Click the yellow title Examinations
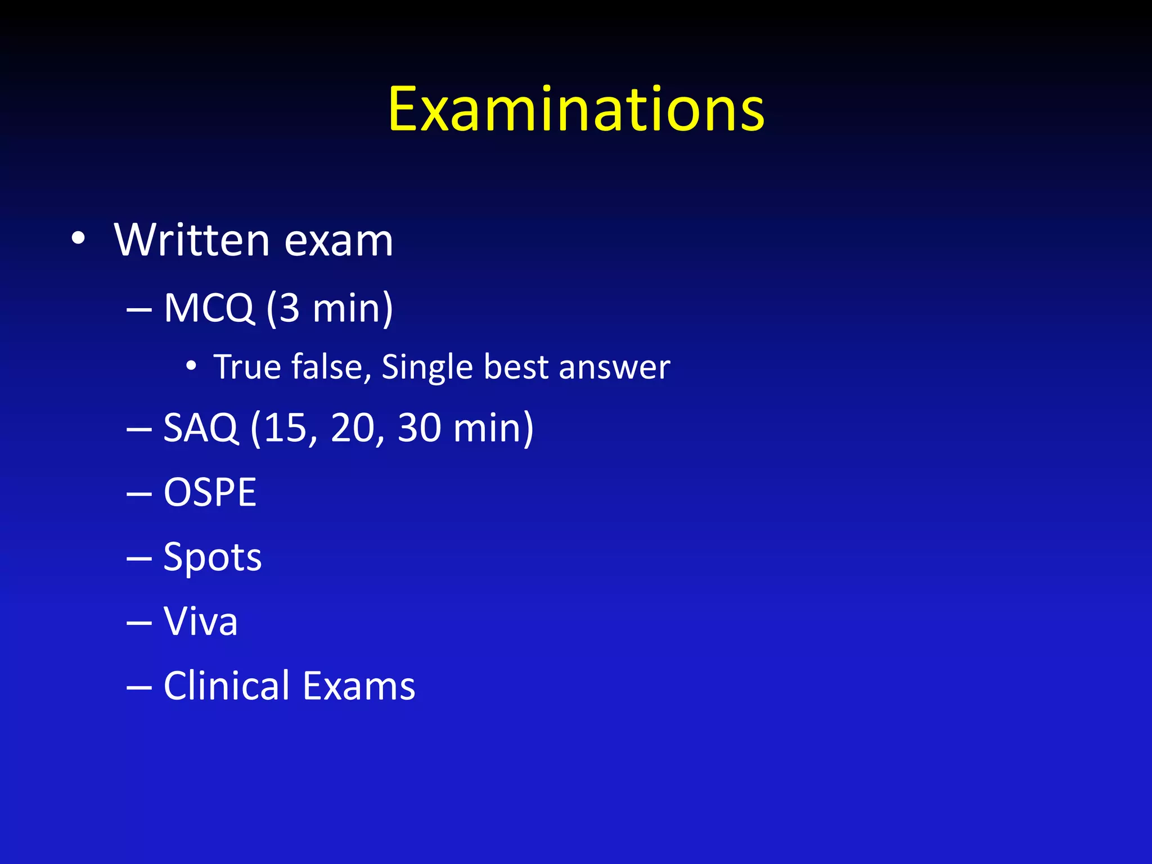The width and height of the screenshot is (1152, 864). pyautogui.click(x=576, y=110)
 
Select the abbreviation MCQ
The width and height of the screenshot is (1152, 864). pyautogui.click(x=209, y=308)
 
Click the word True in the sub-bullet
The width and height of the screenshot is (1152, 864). pyautogui.click(x=247, y=367)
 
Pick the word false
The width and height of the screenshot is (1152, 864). pyautogui.click(x=331, y=367)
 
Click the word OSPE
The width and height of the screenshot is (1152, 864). pyautogui.click(x=210, y=493)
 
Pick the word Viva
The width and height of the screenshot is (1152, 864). pyautogui.click(x=200, y=622)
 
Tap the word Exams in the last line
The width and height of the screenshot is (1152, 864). pyautogui.click(x=359, y=686)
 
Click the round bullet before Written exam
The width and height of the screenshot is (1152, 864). pyautogui.click(x=78, y=239)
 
